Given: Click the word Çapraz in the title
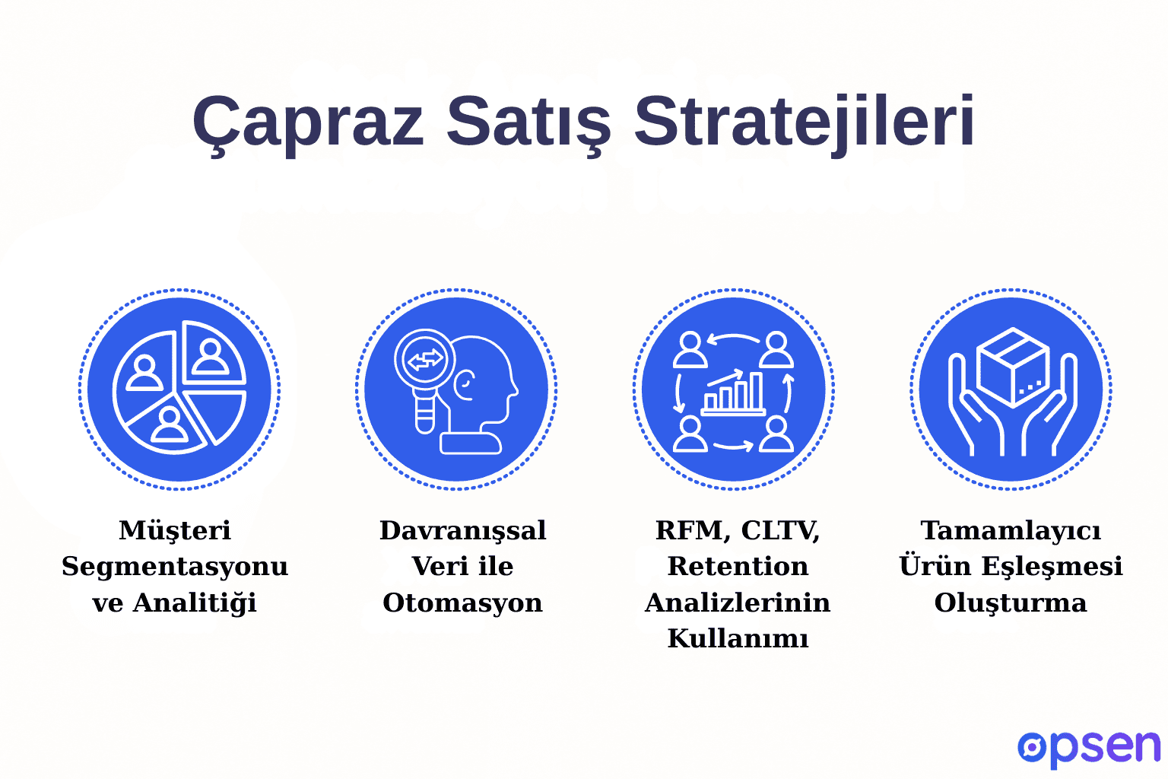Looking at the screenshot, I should pyautogui.click(x=307, y=122).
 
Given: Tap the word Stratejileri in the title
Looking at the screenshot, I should pyautogui.click(x=804, y=122).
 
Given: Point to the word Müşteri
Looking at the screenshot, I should pyautogui.click(x=175, y=530).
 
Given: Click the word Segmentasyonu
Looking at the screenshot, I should pyautogui.click(x=175, y=566).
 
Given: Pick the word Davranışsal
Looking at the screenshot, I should pyautogui.click(x=462, y=530).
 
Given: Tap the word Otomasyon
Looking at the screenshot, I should pyautogui.click(x=462, y=603).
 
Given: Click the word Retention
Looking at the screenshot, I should pyautogui.click(x=738, y=566).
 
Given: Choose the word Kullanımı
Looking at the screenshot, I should pyautogui.click(x=738, y=638).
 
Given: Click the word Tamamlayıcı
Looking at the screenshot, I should pyautogui.click(x=1011, y=530).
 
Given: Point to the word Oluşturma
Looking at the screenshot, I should pyautogui.click(x=1011, y=603).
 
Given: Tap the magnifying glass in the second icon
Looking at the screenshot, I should pyautogui.click(x=424, y=362).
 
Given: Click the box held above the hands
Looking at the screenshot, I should pyautogui.click(x=1012, y=366).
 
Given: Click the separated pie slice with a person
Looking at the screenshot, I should pyautogui.click(x=213, y=353).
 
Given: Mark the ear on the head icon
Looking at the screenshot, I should pyautogui.click(x=465, y=384).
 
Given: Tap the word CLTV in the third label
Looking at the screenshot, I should pyautogui.click(x=779, y=530).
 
